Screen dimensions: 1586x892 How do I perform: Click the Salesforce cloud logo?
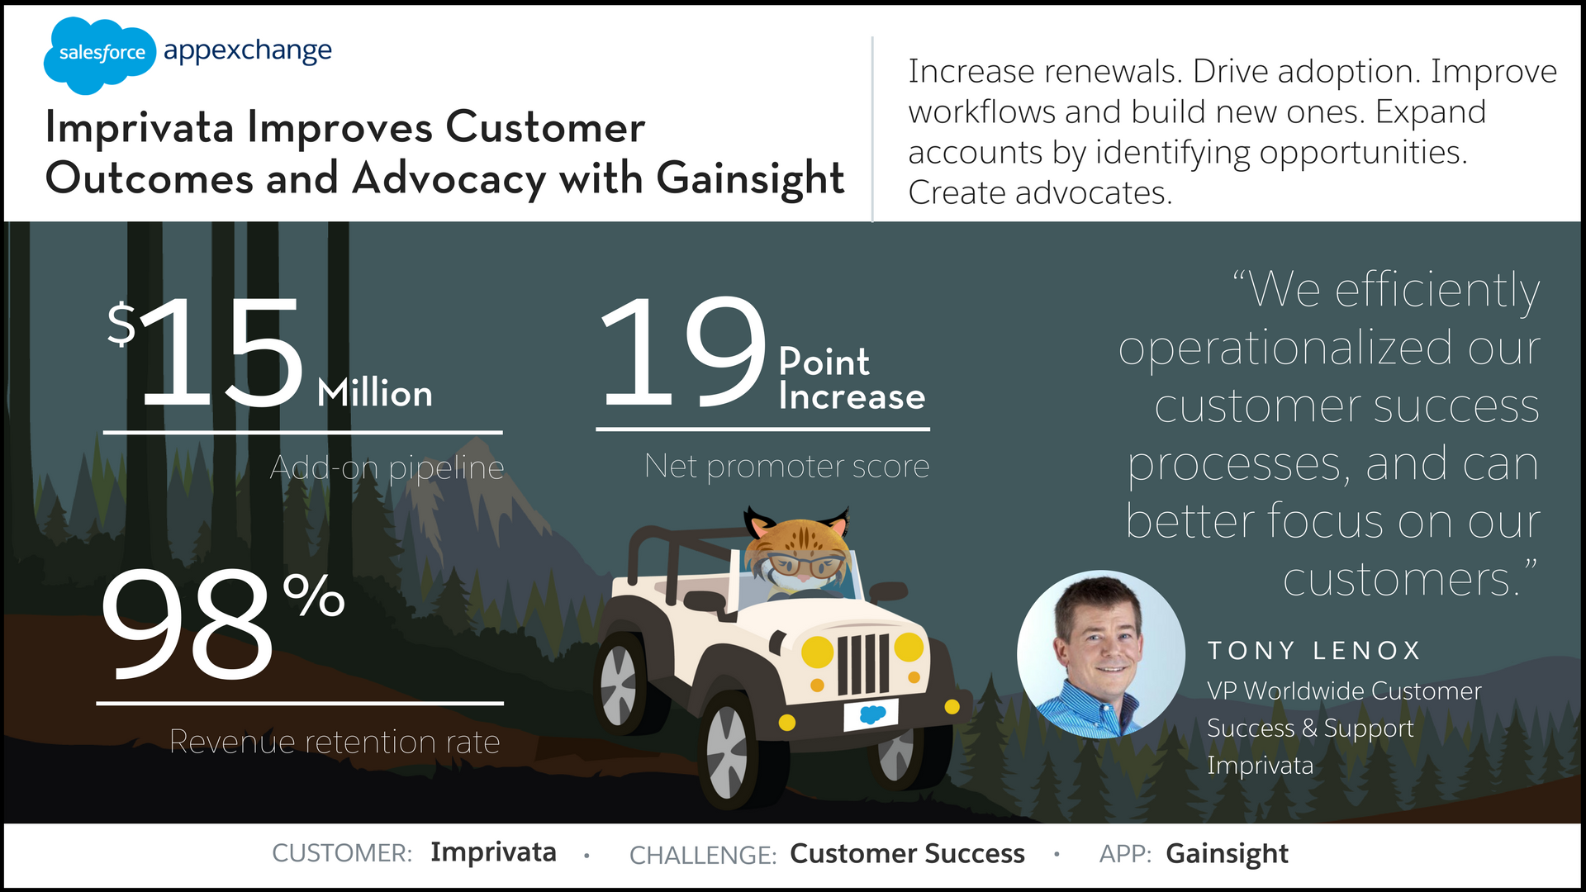(99, 55)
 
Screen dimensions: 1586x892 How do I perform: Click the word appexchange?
(248, 52)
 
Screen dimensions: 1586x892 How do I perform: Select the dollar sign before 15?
(121, 324)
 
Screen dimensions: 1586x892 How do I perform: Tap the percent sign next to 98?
(314, 595)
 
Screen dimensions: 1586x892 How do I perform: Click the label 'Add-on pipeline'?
(387, 468)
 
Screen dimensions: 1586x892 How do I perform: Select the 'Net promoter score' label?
(786, 467)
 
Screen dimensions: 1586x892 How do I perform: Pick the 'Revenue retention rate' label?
(335, 742)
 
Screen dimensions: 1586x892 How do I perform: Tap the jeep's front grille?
(863, 665)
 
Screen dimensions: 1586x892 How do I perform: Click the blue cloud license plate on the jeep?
(871, 714)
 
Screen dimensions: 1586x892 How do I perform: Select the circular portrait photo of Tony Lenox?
(1101, 654)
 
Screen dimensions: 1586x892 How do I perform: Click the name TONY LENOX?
(1313, 651)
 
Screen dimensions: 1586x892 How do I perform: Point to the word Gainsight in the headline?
(750, 179)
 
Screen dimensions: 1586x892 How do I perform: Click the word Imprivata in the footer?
(493, 852)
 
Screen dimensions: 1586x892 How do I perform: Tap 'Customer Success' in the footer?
(907, 853)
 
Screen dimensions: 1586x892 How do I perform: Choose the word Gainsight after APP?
(1227, 854)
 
